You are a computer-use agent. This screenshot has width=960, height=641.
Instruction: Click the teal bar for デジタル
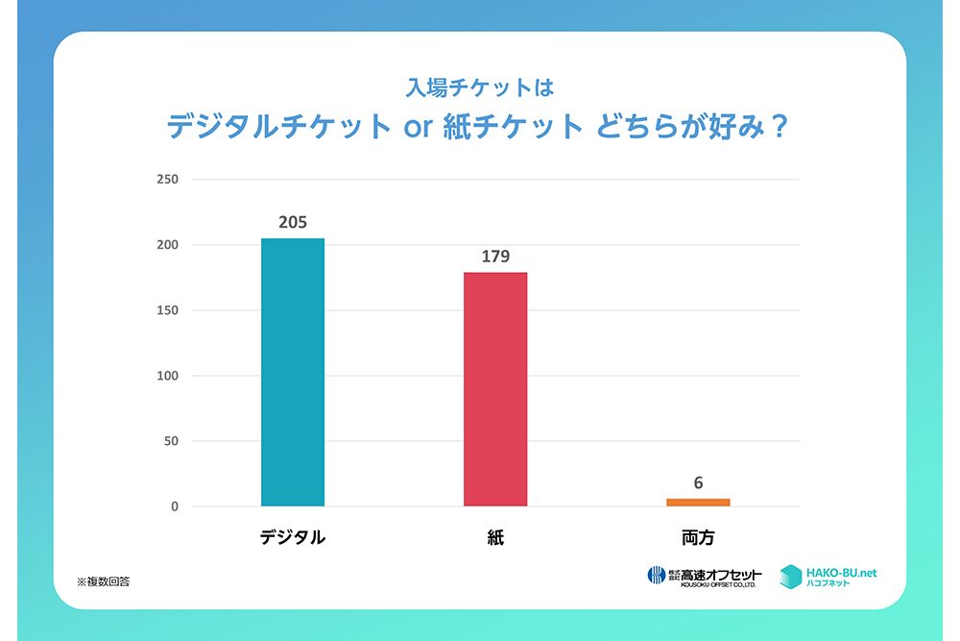293,372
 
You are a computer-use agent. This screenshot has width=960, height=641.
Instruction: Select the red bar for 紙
495,388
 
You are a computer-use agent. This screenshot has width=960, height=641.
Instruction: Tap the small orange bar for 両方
698,502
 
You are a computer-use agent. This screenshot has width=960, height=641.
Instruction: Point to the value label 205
293,222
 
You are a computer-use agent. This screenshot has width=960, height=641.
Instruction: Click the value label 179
495,257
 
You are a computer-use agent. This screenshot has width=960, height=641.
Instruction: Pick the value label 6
698,482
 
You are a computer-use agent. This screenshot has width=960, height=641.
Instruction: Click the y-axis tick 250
167,180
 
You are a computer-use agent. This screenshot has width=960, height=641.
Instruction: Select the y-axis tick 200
167,245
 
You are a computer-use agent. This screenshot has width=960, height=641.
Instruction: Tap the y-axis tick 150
167,310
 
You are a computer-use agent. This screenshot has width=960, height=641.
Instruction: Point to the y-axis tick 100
167,376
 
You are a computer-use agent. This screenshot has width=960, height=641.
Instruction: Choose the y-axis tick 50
171,441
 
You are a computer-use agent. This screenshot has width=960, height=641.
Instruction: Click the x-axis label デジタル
293,538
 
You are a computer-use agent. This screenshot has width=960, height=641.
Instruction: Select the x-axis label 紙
495,538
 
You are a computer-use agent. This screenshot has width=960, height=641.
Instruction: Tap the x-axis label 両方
698,538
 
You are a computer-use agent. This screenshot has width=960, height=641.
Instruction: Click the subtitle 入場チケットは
480,88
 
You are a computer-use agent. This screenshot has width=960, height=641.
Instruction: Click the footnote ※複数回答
104,581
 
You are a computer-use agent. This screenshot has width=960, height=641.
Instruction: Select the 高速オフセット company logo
705,576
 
